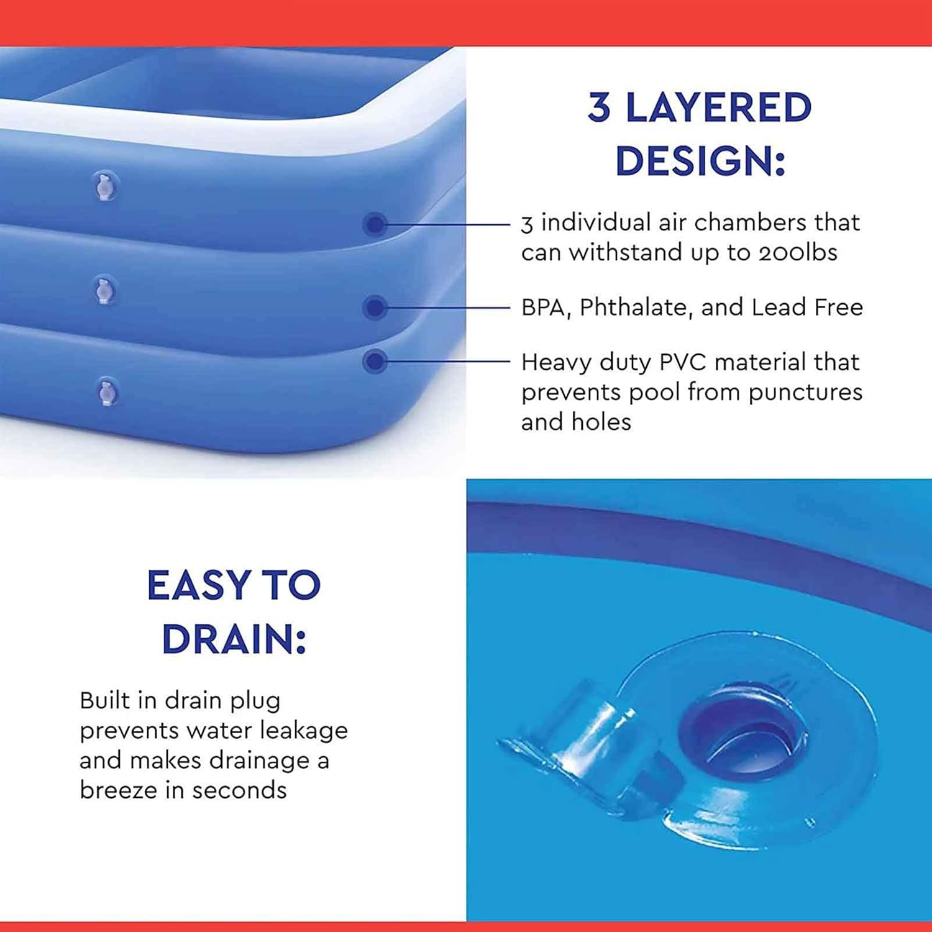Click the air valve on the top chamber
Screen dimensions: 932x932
click(x=106, y=186)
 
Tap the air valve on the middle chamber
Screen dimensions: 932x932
click(x=104, y=290)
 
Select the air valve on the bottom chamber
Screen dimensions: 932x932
click(x=107, y=392)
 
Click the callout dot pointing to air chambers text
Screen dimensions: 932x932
click(x=375, y=224)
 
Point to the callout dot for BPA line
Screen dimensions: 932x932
click(x=375, y=307)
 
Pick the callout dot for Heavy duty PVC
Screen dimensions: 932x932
click(x=375, y=361)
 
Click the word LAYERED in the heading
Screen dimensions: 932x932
click(x=719, y=107)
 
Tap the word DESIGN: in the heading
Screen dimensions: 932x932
click(x=701, y=161)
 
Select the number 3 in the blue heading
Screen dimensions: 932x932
click(x=599, y=107)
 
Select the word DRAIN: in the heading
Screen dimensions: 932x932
click(x=234, y=639)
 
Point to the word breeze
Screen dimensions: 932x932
click(x=118, y=790)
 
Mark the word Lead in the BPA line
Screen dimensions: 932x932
click(x=777, y=307)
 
